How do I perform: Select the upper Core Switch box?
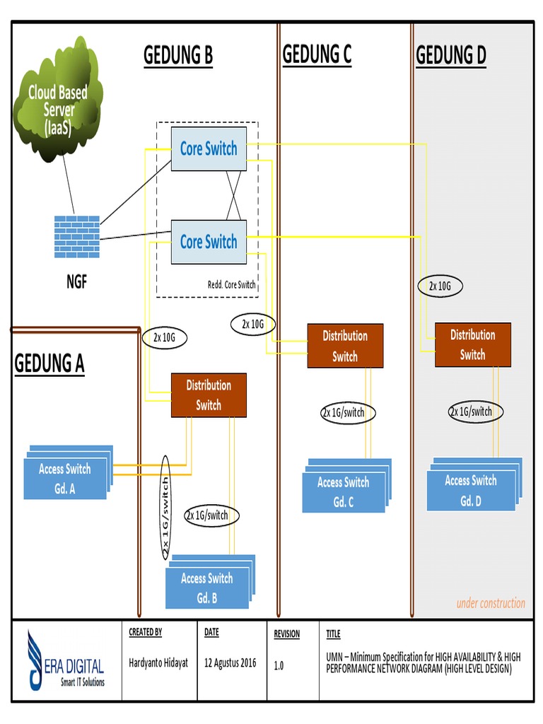coord(209,148)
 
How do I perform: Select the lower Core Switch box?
coord(209,242)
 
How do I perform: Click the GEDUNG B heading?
coord(178,55)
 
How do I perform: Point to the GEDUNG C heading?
coord(317,54)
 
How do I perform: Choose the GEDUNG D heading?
coord(451,55)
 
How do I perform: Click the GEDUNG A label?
coord(49,364)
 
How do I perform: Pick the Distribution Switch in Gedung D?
coord(472,344)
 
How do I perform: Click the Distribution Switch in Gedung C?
coord(345,346)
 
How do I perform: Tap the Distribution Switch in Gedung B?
coord(209,395)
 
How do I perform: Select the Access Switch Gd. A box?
coord(65,479)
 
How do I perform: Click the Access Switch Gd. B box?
coord(207,588)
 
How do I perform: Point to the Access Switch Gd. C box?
coord(343,492)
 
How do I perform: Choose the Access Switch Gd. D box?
coord(471,490)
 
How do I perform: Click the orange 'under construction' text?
coord(491,603)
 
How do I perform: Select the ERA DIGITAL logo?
coord(67,662)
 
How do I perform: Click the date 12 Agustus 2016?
coord(230,664)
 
